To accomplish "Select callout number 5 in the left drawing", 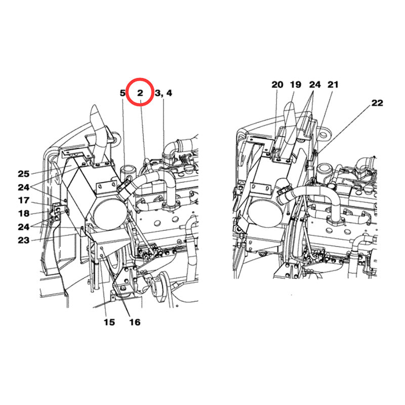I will pyautogui.click(x=122, y=93).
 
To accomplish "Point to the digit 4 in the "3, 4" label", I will pyautogui.click(x=169, y=93).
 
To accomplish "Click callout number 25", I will pyautogui.click(x=24, y=174).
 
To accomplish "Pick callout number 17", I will pyautogui.click(x=24, y=200).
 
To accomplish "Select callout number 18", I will pyautogui.click(x=24, y=213).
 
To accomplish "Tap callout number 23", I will pyautogui.click(x=24, y=240).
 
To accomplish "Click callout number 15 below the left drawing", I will pyautogui.click(x=109, y=322).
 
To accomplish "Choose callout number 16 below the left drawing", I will pyautogui.click(x=134, y=322).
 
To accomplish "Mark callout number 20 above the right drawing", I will pyautogui.click(x=277, y=85).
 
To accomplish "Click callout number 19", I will pyautogui.click(x=295, y=85).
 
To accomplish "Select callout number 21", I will pyautogui.click(x=333, y=85).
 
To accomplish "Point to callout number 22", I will pyautogui.click(x=377, y=103).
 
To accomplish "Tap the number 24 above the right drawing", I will pyautogui.click(x=315, y=85).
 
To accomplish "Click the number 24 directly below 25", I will pyautogui.click(x=24, y=187).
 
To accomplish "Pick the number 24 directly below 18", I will pyautogui.click(x=24, y=226).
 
